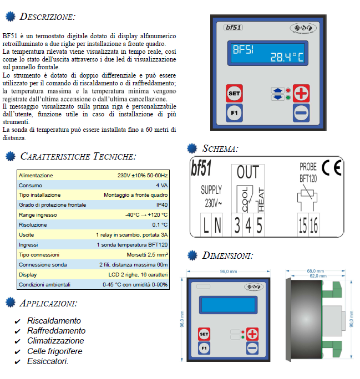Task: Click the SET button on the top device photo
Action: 234,94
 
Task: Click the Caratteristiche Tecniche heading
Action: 77,157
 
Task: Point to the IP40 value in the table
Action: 162,205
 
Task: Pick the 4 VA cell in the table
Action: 161,185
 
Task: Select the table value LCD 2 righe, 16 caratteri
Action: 138,274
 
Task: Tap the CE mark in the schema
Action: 332,168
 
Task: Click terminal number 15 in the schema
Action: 303,225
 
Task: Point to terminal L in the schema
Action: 206,225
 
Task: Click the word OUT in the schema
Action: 248,172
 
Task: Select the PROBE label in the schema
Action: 308,166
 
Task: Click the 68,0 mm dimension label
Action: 314,272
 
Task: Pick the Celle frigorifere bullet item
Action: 54,351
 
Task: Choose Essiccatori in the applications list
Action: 48,361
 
